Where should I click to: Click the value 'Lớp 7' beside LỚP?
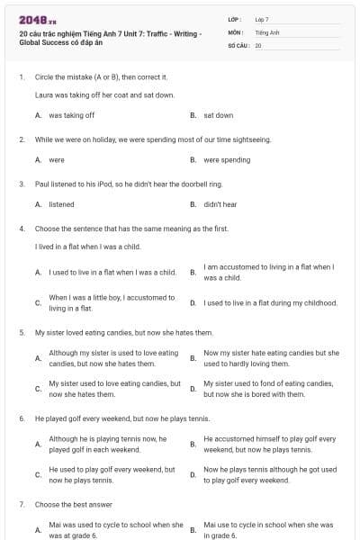pyautogui.click(x=262, y=19)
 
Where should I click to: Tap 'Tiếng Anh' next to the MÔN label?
pyautogui.click(x=267, y=31)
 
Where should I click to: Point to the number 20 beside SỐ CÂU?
pyautogui.click(x=258, y=44)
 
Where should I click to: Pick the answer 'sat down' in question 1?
pyautogui.click(x=218, y=115)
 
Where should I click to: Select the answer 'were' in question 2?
pyautogui.click(x=57, y=160)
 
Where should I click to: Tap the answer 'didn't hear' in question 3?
pyautogui.click(x=220, y=204)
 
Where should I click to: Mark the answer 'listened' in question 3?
pyautogui.click(x=61, y=204)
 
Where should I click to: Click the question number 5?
pyautogui.click(x=22, y=332)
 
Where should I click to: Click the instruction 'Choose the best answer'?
pyautogui.click(x=67, y=505)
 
